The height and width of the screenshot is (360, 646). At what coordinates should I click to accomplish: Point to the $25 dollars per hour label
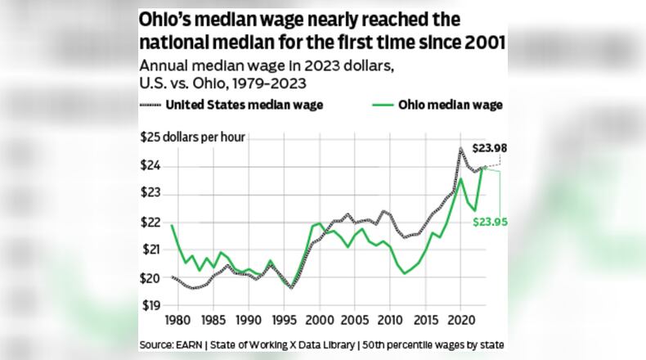click(x=191, y=137)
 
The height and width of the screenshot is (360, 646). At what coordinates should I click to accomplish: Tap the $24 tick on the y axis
click(x=150, y=166)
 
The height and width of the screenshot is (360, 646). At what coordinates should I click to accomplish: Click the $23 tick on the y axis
click(x=150, y=194)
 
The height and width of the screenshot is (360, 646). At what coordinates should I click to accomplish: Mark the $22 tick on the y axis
click(x=150, y=223)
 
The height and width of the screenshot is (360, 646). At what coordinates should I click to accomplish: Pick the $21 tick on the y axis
click(x=150, y=250)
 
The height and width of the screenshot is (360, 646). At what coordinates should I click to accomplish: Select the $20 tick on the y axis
click(x=150, y=278)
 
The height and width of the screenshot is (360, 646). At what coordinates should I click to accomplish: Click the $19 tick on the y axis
click(x=150, y=306)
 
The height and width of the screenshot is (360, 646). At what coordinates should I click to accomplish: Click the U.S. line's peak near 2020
click(x=461, y=149)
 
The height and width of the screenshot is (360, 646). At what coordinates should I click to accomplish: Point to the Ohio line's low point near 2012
click(x=405, y=273)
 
